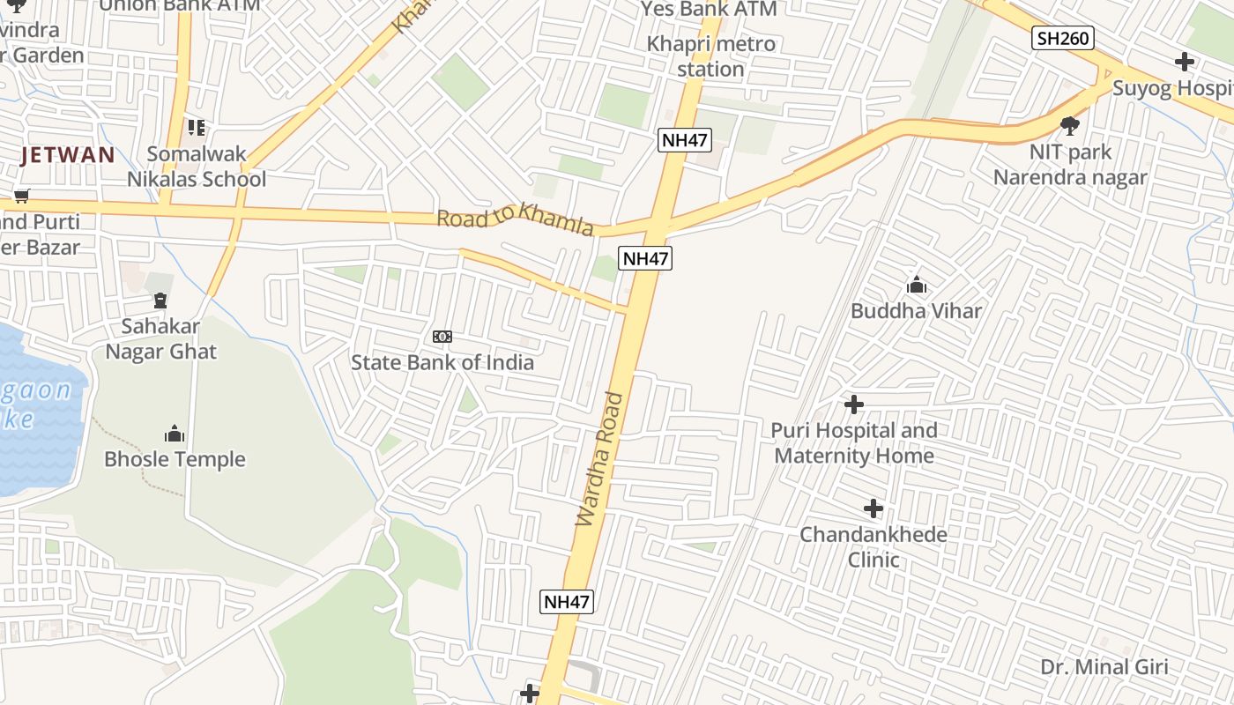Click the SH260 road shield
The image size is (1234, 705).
click(1063, 38)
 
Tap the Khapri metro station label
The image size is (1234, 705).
click(711, 56)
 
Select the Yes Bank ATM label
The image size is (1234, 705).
click(710, 10)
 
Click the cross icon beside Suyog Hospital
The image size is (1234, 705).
click(1185, 62)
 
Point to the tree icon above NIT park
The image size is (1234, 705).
click(1070, 126)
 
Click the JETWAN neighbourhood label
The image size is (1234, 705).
click(69, 156)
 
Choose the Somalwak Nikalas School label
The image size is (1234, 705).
click(197, 167)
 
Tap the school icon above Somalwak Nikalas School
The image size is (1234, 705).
click(196, 129)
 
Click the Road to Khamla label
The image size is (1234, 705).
click(516, 219)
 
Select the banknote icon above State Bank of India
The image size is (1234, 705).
click(442, 337)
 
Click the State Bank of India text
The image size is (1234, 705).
click(442, 362)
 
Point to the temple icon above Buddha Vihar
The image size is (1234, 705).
click(916, 286)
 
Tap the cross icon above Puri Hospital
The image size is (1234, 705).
click(853, 404)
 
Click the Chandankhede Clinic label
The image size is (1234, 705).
click(873, 546)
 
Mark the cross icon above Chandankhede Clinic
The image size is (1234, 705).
click(873, 508)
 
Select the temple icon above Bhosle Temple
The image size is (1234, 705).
click(175, 434)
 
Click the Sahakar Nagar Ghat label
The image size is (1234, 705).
click(161, 338)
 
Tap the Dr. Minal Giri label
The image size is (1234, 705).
click(1104, 667)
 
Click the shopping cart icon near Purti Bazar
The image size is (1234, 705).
click(20, 196)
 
